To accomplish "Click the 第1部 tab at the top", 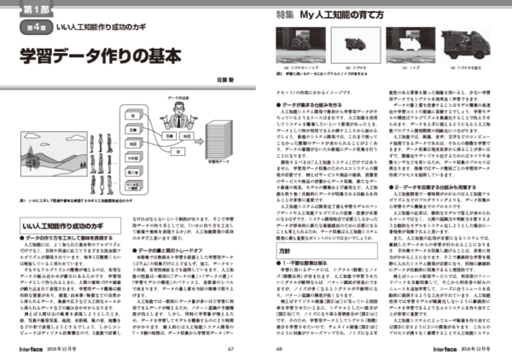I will click(x=28, y=9).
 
